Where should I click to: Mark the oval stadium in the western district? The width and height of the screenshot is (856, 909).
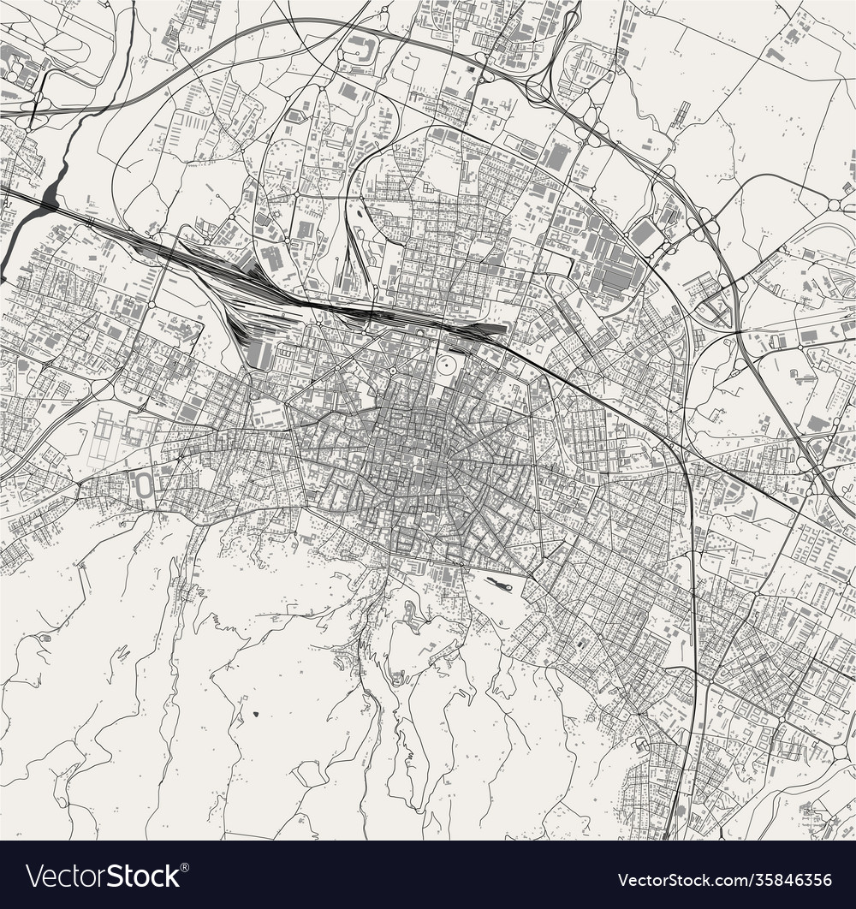[x=146, y=485]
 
